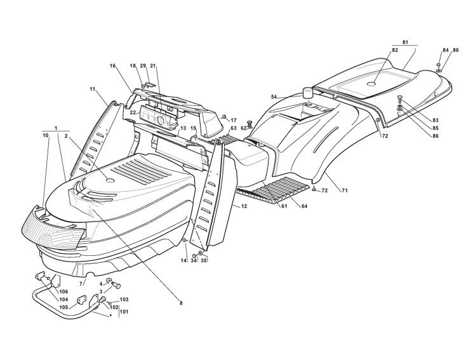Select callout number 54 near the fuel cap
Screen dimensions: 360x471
coord(274,97)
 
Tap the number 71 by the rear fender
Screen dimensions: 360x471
coord(345,190)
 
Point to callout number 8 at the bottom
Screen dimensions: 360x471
coord(181,303)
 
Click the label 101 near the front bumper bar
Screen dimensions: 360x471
coord(123,312)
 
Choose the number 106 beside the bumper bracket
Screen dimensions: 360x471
coord(63,291)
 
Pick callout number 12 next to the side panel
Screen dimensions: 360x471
coord(243,206)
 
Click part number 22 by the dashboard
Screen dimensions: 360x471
coord(133,112)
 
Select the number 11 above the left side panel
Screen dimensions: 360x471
coord(93,90)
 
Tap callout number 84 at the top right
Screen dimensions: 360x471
coord(446,50)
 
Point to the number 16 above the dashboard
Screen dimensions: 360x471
coord(112,65)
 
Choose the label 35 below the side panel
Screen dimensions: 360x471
coord(203,260)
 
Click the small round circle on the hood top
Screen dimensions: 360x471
coord(109,182)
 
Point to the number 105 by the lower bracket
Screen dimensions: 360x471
coord(63,307)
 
